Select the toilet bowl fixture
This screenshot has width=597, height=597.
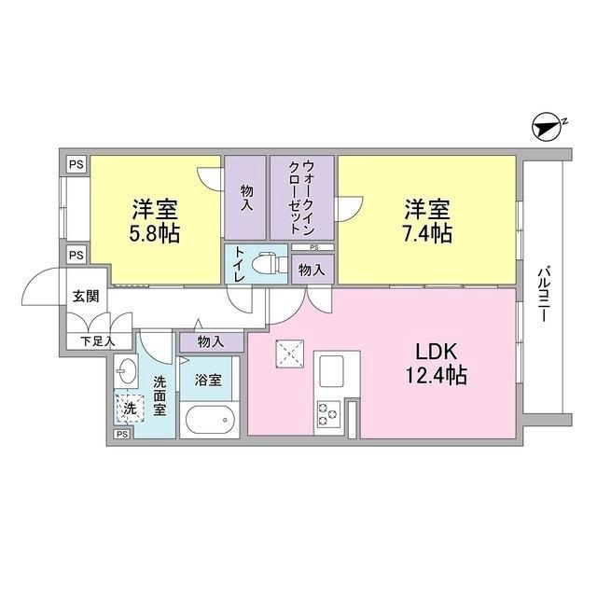(x=270, y=262)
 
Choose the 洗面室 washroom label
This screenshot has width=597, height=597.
(x=160, y=395)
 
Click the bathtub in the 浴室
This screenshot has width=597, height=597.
(x=210, y=420)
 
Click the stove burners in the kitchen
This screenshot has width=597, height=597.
(x=328, y=411)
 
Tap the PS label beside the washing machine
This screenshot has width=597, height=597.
(x=121, y=434)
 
